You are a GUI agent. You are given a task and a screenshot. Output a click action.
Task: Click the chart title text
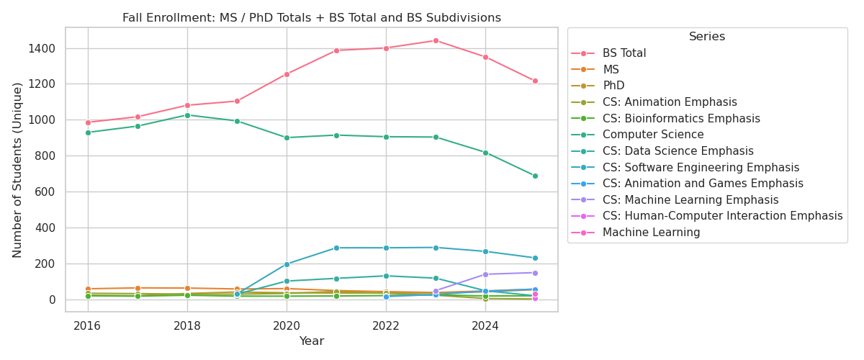[x=311, y=18]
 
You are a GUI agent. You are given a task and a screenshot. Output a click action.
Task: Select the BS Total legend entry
[x=624, y=53]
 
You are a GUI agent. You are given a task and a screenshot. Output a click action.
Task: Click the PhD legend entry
[x=613, y=86]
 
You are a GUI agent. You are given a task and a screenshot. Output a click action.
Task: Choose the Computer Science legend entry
[x=653, y=135]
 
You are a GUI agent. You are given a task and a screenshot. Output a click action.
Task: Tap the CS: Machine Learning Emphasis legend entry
[x=690, y=200]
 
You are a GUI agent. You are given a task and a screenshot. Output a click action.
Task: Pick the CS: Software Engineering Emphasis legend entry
[x=701, y=167]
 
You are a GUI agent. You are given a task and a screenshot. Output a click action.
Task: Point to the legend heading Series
[x=706, y=37]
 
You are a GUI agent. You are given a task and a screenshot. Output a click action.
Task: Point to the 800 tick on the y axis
[x=46, y=156]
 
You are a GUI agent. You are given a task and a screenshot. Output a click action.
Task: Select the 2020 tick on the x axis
[x=287, y=325]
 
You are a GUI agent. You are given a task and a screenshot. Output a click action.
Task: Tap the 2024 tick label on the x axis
[x=485, y=325]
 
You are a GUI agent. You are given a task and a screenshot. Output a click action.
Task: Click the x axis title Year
[x=311, y=341]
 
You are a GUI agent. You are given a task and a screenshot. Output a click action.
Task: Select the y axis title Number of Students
[x=18, y=170]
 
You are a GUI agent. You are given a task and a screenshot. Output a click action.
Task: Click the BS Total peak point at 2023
[x=436, y=40]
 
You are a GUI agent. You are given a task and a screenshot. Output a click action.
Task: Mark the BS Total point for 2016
[x=88, y=122]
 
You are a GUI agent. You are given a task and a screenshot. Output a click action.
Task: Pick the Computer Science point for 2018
[x=187, y=115]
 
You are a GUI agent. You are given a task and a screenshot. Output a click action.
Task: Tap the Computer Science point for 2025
[x=535, y=176]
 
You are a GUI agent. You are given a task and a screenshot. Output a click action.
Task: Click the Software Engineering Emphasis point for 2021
[x=336, y=248]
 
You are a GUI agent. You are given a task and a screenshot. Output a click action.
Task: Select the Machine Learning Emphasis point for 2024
[x=485, y=274]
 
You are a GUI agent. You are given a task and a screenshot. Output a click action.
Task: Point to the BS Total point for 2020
[x=287, y=74]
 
